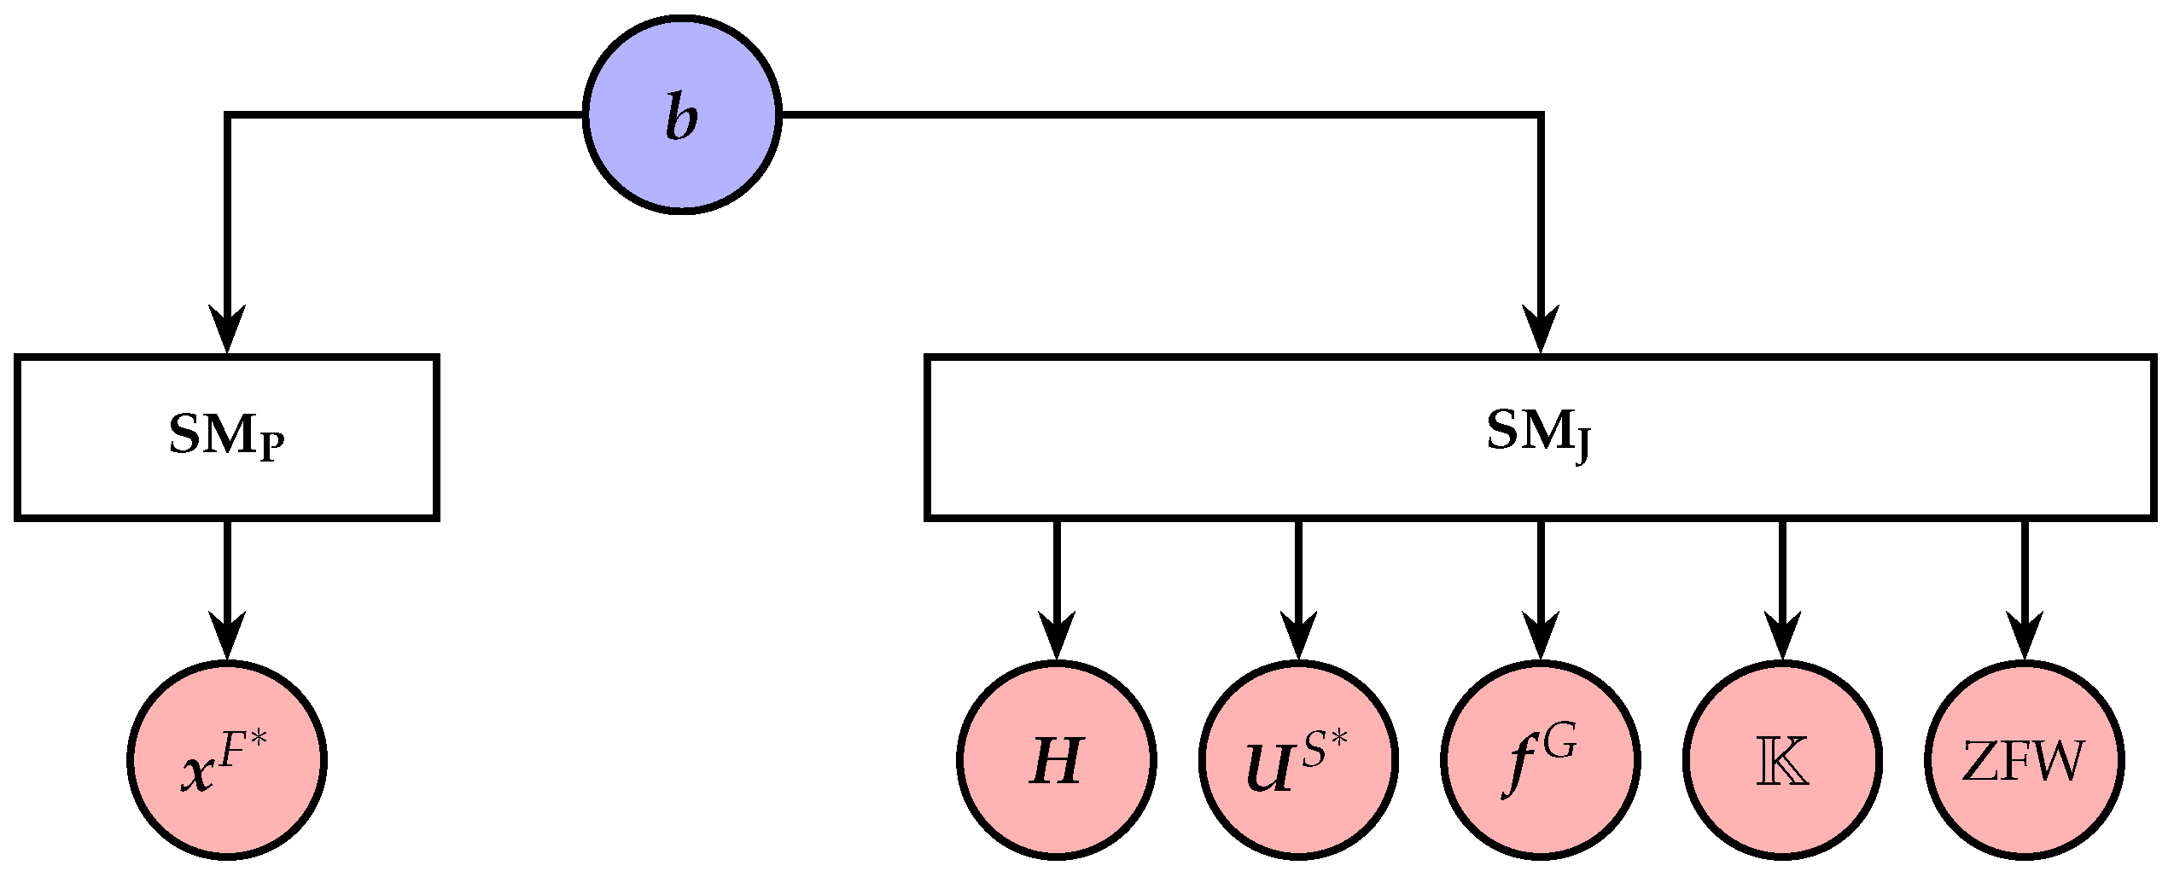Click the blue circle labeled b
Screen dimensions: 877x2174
tap(682, 114)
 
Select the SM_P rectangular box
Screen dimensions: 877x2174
tap(226, 437)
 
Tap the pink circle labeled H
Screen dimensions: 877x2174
tap(1057, 759)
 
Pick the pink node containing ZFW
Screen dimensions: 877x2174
tap(2024, 759)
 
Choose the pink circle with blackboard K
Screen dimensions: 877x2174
tap(1782, 759)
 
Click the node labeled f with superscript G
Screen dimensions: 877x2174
tap(1540, 759)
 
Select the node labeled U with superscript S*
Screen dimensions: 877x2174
tap(1298, 759)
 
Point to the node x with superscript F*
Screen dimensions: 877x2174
tap(226, 759)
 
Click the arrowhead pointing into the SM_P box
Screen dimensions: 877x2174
tap(227, 328)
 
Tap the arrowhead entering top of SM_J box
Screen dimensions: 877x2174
tap(1541, 328)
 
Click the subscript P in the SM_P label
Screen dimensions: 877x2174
tap(272, 447)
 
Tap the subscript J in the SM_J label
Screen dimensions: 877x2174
tap(1584, 447)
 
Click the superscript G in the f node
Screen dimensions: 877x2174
tap(1559, 744)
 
